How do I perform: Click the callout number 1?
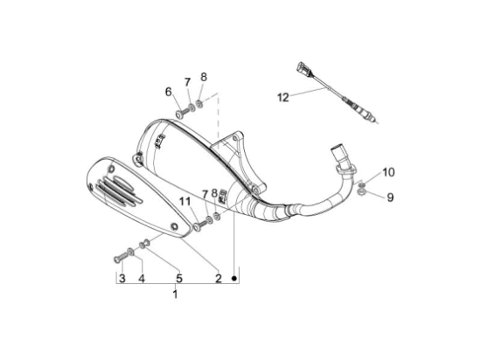tap(174, 294)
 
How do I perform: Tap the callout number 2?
tap(218, 279)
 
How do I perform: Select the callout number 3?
tap(122, 279)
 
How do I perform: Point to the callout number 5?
tap(179, 279)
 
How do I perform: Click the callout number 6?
tap(169, 92)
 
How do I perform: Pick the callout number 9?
tap(390, 197)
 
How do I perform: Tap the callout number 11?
tap(185, 202)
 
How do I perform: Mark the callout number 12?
tap(282, 98)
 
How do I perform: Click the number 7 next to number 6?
tap(186, 83)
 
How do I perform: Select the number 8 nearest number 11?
tap(214, 192)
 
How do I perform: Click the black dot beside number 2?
tap(235, 278)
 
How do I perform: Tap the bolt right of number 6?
tap(180, 114)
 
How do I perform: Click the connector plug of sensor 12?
tap(303, 69)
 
